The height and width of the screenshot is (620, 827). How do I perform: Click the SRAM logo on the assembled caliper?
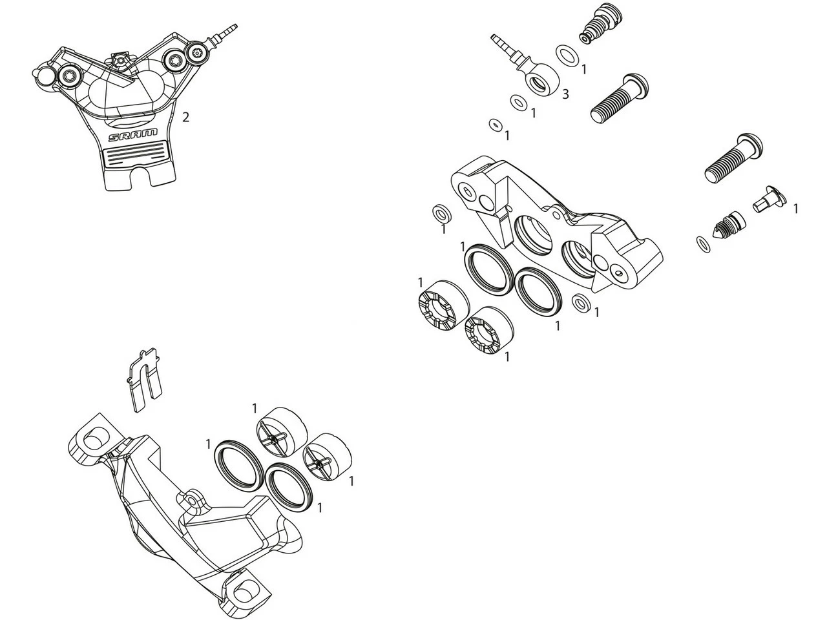coord(132,136)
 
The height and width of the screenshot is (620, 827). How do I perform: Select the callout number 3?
coord(565,94)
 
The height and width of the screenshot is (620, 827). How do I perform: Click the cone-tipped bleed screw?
coord(728,227)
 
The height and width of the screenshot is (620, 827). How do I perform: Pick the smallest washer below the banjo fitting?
coord(496,124)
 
